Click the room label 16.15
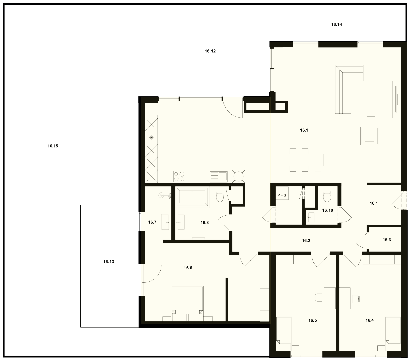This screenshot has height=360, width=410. click(53, 146)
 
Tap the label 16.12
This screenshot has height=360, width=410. click(210, 51)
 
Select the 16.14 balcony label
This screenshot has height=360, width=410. click(336, 25)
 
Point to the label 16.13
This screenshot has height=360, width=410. click(108, 262)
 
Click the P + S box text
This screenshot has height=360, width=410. click(282, 195)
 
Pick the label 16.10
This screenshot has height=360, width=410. click(328, 210)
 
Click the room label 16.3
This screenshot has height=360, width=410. click(387, 240)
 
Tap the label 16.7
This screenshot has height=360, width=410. click(152, 222)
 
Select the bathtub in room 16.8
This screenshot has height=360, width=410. click(192, 197)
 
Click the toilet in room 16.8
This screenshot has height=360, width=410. click(220, 196)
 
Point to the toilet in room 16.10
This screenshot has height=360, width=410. click(327, 196)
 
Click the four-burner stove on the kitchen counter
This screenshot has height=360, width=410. click(179, 176)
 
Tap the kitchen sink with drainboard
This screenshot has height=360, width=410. click(219, 176)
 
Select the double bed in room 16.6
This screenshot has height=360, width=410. click(188, 304)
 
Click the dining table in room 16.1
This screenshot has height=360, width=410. click(305, 160)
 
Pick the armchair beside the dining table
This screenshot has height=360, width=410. click(370, 136)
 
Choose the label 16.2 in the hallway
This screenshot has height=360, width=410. click(306, 241)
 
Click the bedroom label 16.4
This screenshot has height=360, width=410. click(370, 320)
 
